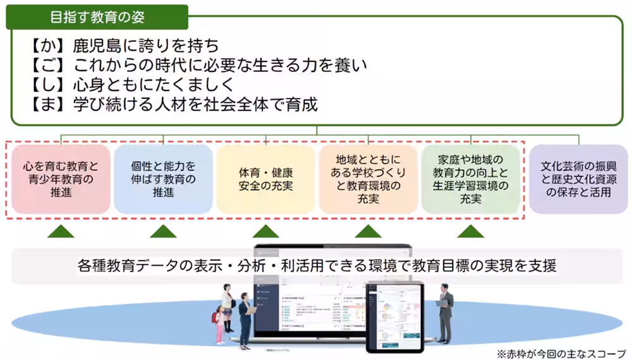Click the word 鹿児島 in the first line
coord(94,46)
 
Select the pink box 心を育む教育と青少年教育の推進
coord(61,179)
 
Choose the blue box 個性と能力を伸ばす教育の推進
coord(163,179)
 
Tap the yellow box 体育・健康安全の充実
coord(265,179)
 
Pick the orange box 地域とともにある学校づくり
coord(368,179)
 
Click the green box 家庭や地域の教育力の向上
coord(470,179)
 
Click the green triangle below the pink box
coord(61,232)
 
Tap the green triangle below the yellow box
coord(265,232)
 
